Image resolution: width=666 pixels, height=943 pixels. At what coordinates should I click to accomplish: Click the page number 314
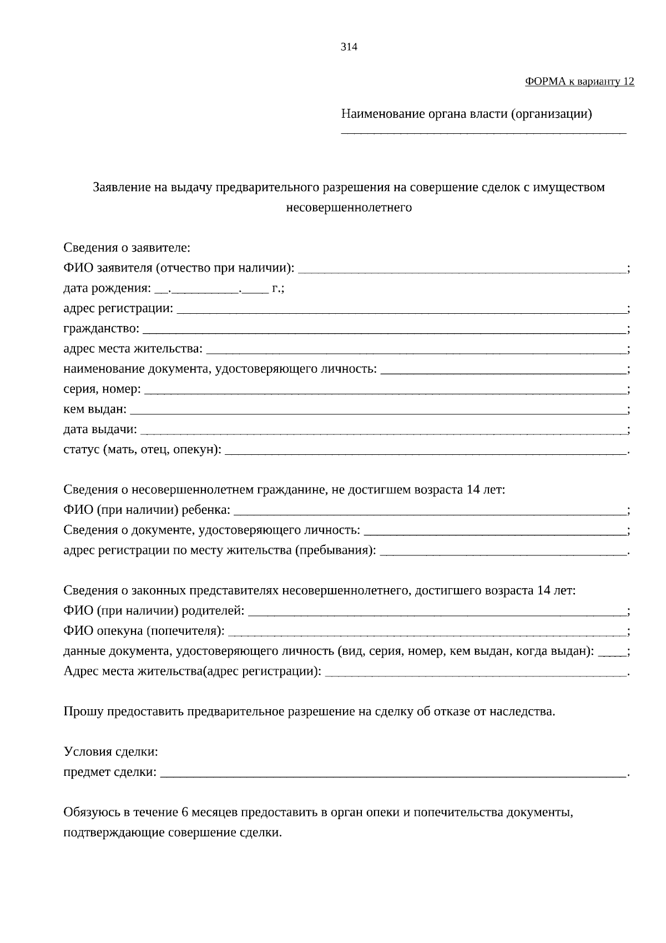(349, 47)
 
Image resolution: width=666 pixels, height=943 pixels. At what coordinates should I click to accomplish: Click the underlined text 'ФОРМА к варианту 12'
(579, 82)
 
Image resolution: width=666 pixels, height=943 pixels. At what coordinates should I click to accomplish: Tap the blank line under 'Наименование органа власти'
(483, 132)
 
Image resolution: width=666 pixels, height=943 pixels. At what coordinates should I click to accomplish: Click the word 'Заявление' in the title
(122, 188)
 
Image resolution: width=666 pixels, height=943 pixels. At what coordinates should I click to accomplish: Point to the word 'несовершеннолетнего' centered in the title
(349, 208)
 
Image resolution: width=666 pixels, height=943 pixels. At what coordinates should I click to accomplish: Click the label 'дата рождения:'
(107, 289)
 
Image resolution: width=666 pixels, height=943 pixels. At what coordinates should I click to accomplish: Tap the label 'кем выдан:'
(95, 410)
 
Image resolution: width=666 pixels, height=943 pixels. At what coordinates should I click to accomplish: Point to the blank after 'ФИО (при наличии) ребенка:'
(430, 511)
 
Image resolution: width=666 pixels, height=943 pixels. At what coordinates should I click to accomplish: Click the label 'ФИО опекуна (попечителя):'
(144, 631)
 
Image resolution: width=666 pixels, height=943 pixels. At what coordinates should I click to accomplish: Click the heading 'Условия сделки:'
(111, 753)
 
